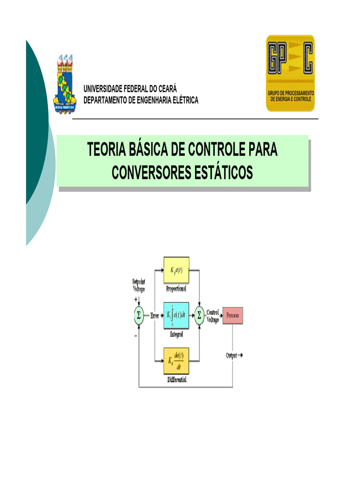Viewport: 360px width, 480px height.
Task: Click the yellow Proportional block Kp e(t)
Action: tap(176, 270)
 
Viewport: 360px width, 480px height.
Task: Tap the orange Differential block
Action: tap(176, 360)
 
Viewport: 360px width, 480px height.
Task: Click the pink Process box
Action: tap(232, 315)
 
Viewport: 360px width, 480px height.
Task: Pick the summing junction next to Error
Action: tap(138, 315)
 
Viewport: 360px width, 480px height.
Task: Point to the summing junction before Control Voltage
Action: tap(200, 315)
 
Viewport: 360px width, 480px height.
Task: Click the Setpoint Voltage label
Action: tap(138, 285)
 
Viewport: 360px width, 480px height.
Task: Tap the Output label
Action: tap(232, 355)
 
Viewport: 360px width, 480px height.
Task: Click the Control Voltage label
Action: tap(213, 315)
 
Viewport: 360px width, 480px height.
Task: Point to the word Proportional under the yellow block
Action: tap(176, 289)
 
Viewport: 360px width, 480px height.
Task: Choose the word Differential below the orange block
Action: tap(176, 380)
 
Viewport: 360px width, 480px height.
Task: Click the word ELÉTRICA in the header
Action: tap(182, 100)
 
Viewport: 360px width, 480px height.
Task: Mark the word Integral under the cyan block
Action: tap(176, 335)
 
